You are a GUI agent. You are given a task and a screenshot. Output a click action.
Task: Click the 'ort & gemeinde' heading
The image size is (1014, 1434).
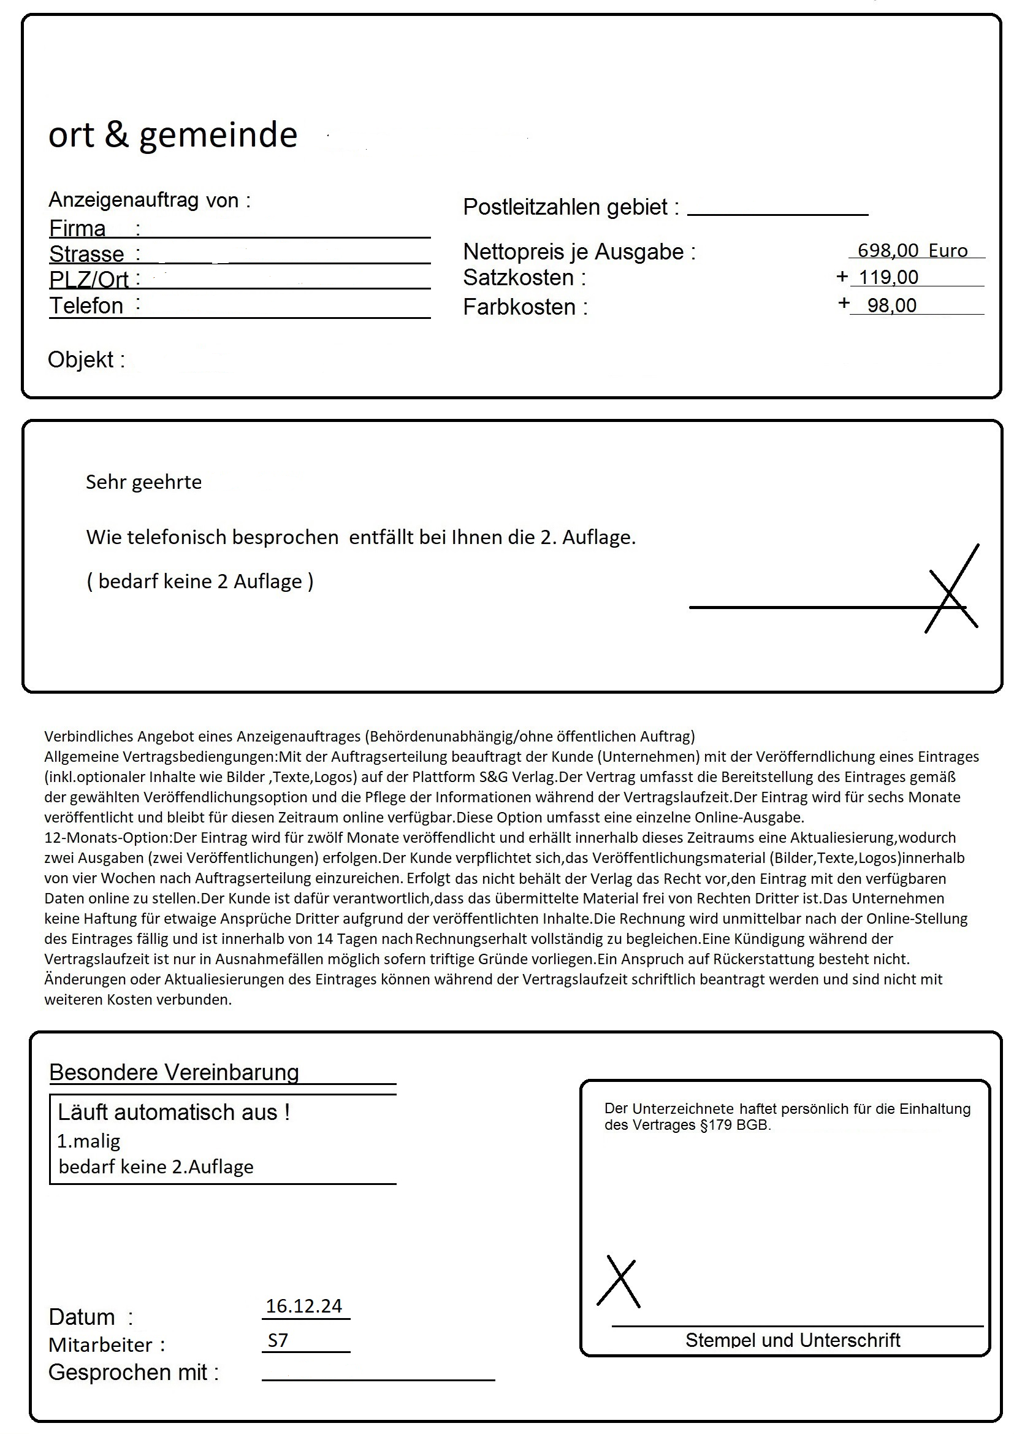pos(173,135)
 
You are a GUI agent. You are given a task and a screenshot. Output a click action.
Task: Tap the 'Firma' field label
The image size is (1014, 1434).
pos(77,229)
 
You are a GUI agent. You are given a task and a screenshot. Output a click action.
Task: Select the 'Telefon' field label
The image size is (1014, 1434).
pos(86,306)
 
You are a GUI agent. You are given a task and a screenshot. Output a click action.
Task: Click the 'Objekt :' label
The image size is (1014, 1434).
pos(86,360)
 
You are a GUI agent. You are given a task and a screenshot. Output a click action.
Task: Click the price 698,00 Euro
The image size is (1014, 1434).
pos(912,250)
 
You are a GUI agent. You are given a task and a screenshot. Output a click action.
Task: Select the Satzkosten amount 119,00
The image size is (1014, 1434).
pos(888,277)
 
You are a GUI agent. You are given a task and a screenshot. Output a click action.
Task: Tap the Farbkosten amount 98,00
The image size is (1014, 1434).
pos(891,305)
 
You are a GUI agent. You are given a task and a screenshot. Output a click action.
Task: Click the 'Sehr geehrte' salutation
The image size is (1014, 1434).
pos(143,482)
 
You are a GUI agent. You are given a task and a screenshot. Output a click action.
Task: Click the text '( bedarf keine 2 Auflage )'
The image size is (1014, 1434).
pos(200,581)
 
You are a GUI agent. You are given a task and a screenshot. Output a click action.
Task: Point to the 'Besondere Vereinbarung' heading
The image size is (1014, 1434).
pos(174,1072)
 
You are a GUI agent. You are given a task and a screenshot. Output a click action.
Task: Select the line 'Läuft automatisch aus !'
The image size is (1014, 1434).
pos(173,1113)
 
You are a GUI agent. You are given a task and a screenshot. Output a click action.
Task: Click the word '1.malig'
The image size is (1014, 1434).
pos(89,1141)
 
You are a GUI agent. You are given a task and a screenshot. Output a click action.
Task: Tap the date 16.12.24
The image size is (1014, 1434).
pos(304,1306)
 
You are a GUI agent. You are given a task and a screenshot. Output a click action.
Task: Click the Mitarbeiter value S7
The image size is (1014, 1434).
pos(278,1340)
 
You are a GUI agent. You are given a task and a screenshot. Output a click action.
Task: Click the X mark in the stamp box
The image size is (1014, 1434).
pos(619,1284)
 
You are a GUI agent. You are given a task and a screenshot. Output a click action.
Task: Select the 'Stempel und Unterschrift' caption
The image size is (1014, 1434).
pos(792,1340)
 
